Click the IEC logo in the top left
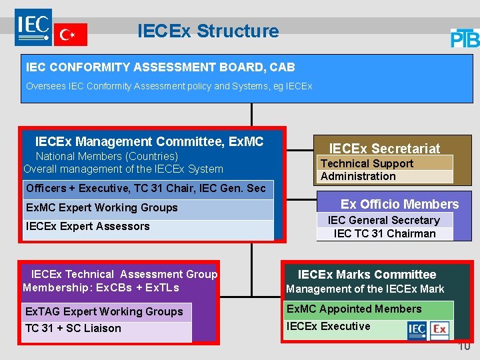click(33, 27)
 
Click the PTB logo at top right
click(465, 38)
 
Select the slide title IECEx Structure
click(208, 31)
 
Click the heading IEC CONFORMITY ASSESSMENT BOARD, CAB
click(160, 67)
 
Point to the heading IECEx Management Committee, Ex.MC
click(149, 141)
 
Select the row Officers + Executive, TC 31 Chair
click(146, 189)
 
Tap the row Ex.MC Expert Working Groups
click(102, 207)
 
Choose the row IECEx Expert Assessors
click(88, 227)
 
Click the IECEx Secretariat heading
click(385, 148)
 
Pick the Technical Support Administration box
click(385, 170)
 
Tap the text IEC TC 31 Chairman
click(385, 233)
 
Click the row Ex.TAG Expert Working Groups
click(104, 311)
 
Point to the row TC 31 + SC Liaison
click(73, 329)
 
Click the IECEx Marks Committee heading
click(367, 274)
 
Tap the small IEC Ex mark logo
click(428, 329)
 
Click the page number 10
click(464, 346)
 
